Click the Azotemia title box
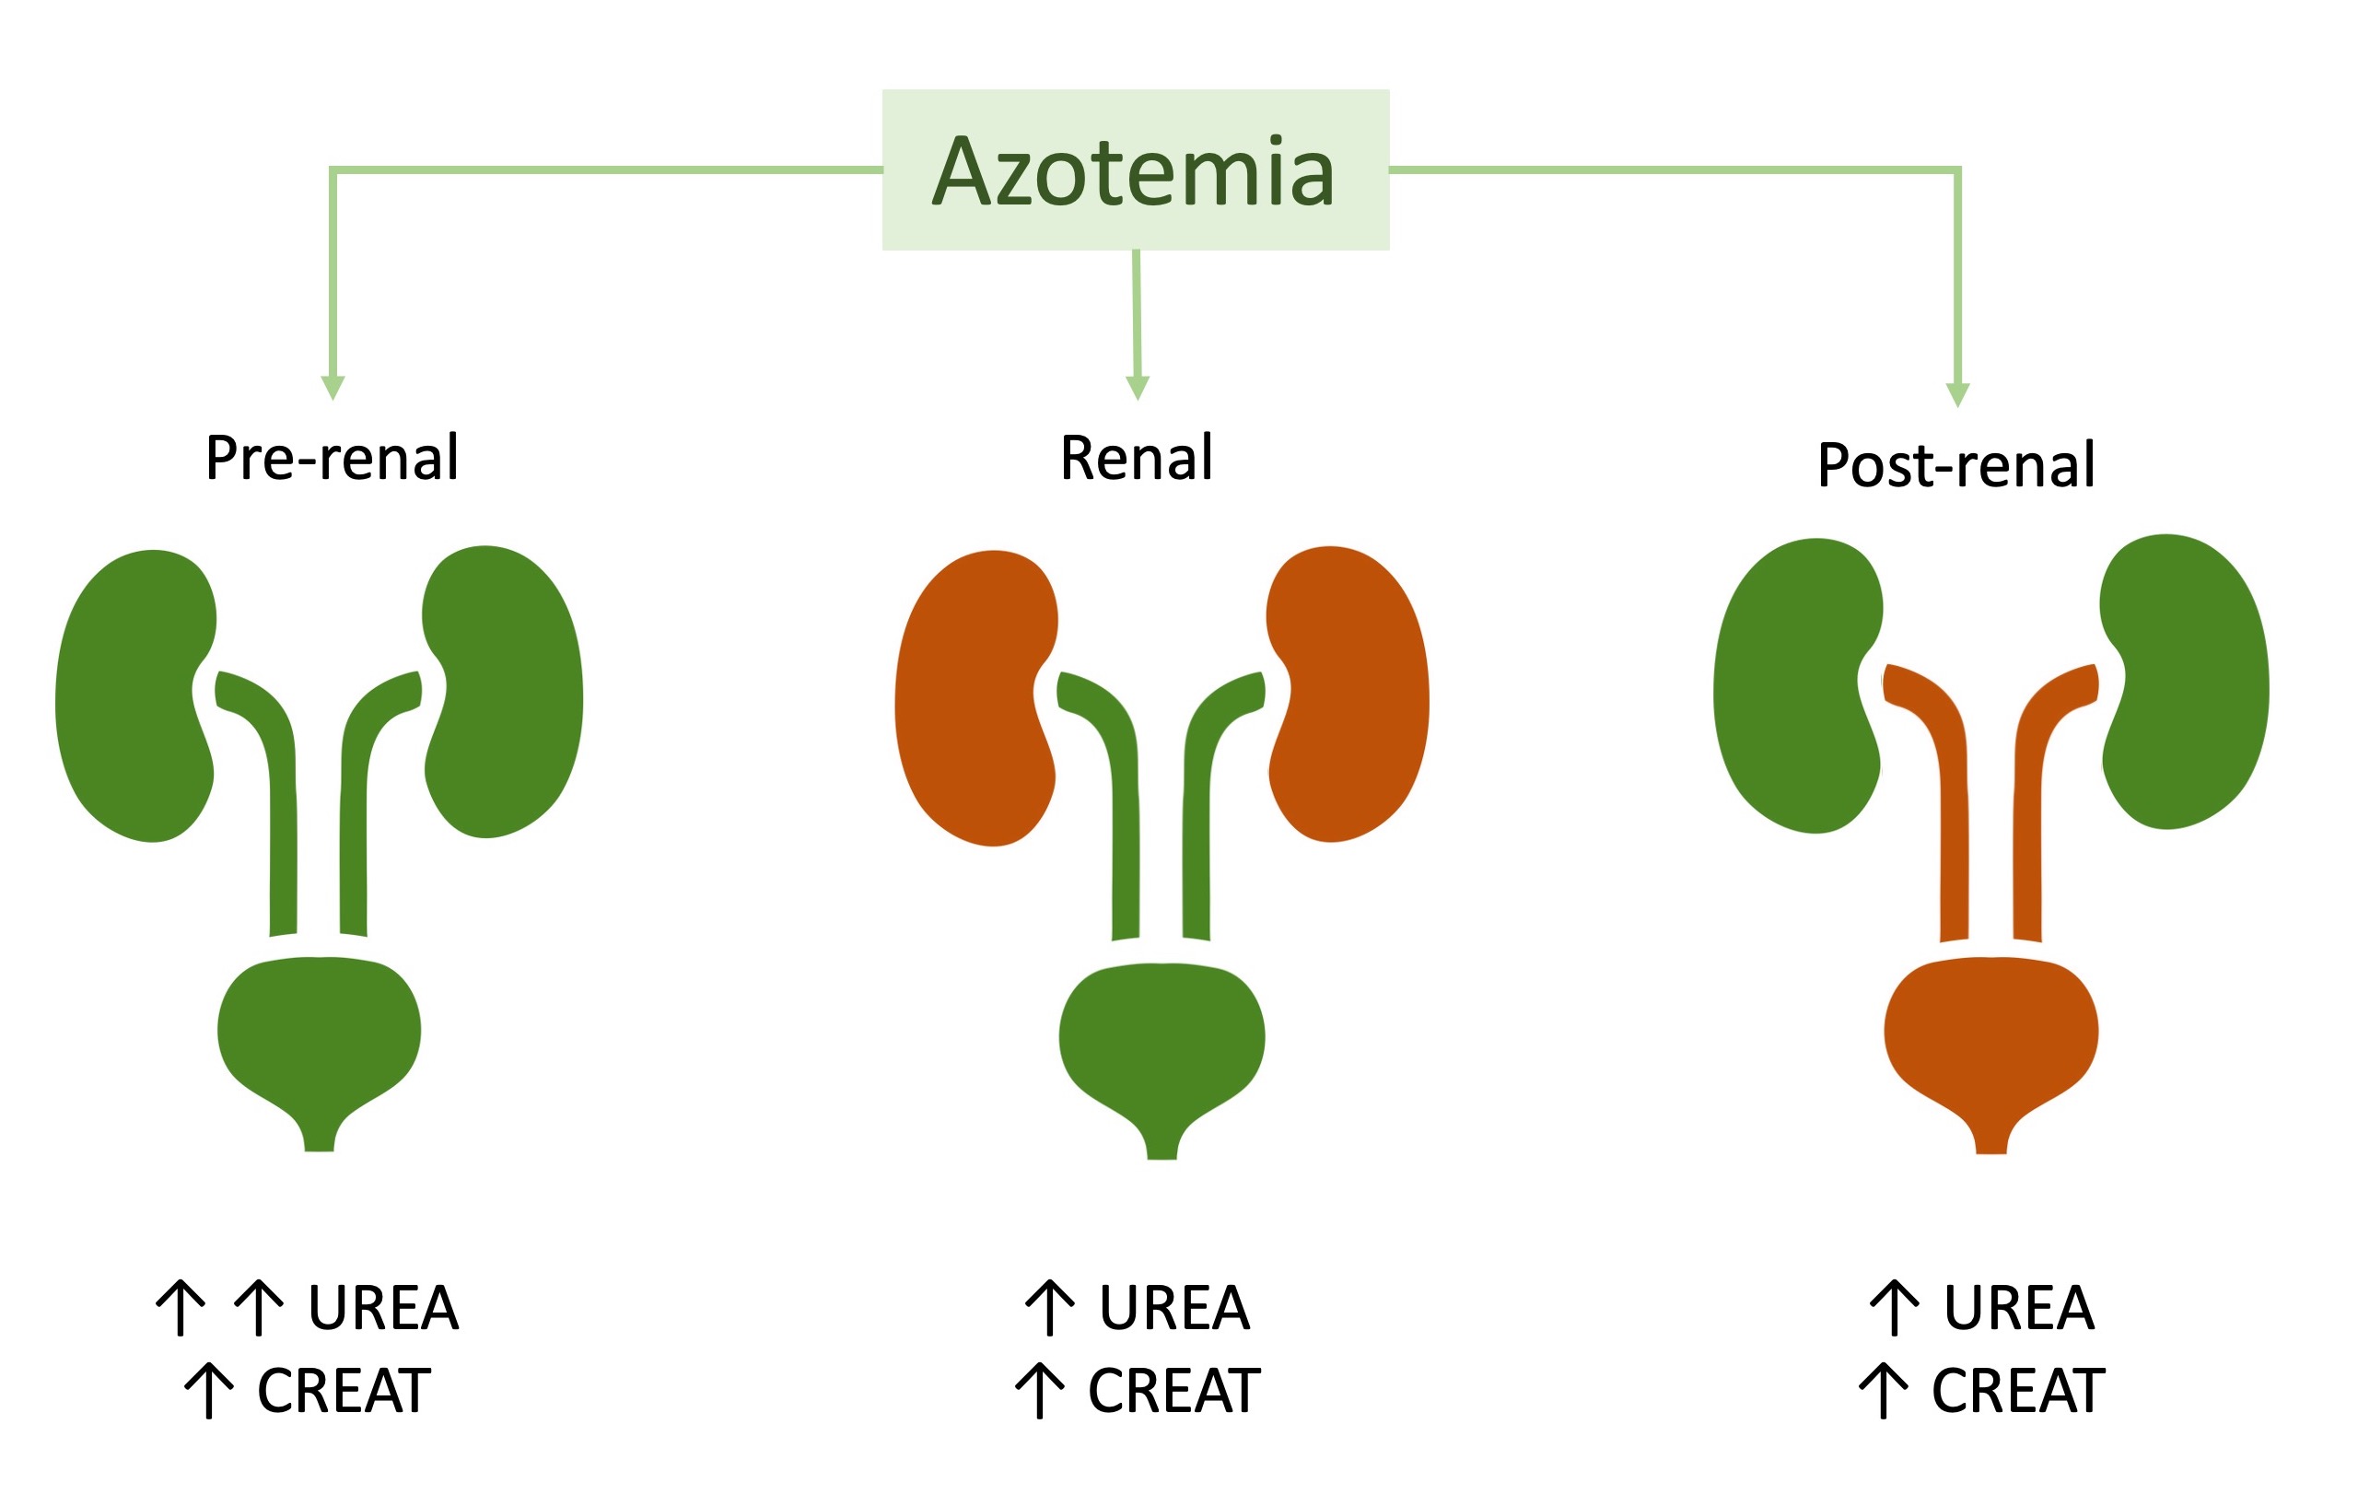click(1135, 169)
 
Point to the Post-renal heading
click(1955, 464)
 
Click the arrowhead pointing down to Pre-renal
click(333, 388)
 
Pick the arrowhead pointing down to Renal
click(1138, 388)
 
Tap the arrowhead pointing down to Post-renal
click(1957, 394)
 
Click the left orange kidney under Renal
click(976, 697)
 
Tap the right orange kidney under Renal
click(1348, 695)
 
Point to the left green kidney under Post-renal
click(1798, 685)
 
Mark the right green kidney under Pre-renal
click(503, 692)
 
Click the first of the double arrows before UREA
click(181, 1307)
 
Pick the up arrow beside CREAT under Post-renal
click(1884, 1391)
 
